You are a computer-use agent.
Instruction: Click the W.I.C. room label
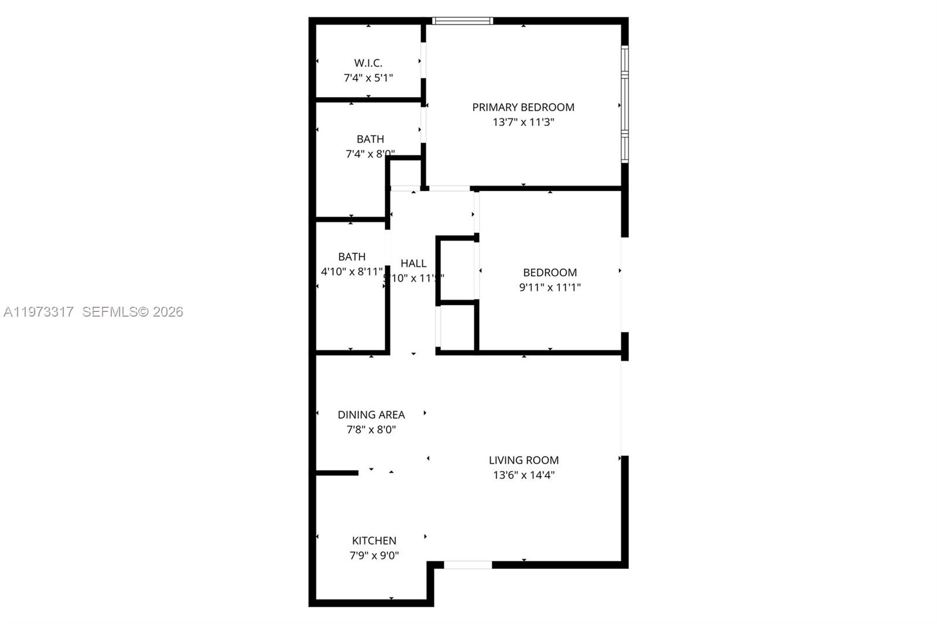coord(368,63)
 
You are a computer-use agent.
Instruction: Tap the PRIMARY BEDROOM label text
coord(523,107)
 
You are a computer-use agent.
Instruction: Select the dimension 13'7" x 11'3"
coord(523,122)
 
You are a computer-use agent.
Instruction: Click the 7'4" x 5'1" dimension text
coord(368,78)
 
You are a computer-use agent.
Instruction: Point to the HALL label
coord(413,263)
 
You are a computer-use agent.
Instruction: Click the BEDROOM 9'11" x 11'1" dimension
coord(549,287)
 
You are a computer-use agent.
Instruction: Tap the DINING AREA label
coord(371,414)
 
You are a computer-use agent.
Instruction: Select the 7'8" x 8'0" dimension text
coord(371,430)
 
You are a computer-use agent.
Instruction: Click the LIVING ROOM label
coord(524,460)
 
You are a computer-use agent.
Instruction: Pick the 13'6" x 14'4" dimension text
coord(524,475)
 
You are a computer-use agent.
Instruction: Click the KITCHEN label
coord(374,541)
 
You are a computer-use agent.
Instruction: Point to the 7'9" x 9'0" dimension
coord(374,556)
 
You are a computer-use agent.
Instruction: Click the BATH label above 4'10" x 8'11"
coord(351,257)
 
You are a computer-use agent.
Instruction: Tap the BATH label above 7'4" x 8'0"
coord(370,139)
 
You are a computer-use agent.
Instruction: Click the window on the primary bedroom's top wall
coord(463,21)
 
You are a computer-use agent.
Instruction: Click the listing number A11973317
coord(39,312)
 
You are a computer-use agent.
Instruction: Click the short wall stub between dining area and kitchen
coord(337,472)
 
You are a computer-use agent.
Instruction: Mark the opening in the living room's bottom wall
coord(467,565)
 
